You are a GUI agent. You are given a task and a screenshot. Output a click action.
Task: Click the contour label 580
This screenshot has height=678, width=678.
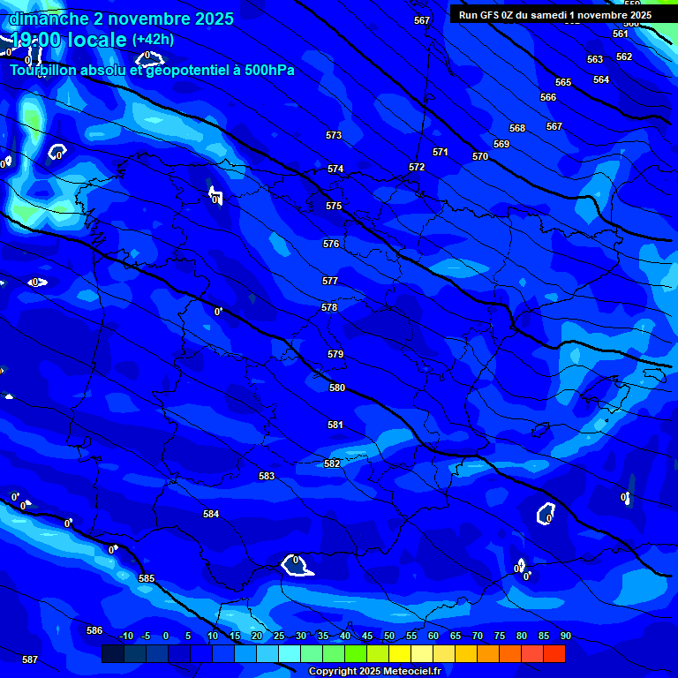tap(337, 388)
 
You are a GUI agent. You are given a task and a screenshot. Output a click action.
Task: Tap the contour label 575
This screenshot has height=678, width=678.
tap(334, 206)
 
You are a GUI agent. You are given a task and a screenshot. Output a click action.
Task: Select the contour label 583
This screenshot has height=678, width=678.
tap(267, 476)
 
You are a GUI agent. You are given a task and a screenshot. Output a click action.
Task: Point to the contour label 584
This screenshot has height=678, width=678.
tap(211, 514)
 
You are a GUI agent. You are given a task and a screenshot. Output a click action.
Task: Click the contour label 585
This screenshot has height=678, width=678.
tap(147, 578)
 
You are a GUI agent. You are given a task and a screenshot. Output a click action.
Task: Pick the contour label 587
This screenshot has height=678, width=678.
tap(30, 659)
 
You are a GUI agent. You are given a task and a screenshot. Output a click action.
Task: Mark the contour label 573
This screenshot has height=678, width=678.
tap(334, 135)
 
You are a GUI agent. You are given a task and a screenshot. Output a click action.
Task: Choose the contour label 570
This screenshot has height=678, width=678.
tap(480, 156)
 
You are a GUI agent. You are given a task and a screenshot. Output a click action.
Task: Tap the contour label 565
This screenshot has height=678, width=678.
tap(563, 82)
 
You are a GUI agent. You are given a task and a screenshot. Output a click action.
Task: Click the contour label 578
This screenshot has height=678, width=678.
tap(329, 307)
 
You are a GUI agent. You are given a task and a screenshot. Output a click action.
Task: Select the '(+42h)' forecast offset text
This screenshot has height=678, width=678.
tap(153, 39)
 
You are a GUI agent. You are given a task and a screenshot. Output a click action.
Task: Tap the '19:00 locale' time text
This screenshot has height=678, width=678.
tap(69, 40)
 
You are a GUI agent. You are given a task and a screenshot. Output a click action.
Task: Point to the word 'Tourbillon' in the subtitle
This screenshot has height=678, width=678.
tap(45, 71)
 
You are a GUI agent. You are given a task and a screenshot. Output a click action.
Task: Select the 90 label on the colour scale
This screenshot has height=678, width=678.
tap(565, 637)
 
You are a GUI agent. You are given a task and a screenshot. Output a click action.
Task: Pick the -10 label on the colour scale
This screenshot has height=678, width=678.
tap(125, 637)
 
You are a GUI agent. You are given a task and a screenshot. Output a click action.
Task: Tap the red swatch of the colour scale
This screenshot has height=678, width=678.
tap(554, 653)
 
